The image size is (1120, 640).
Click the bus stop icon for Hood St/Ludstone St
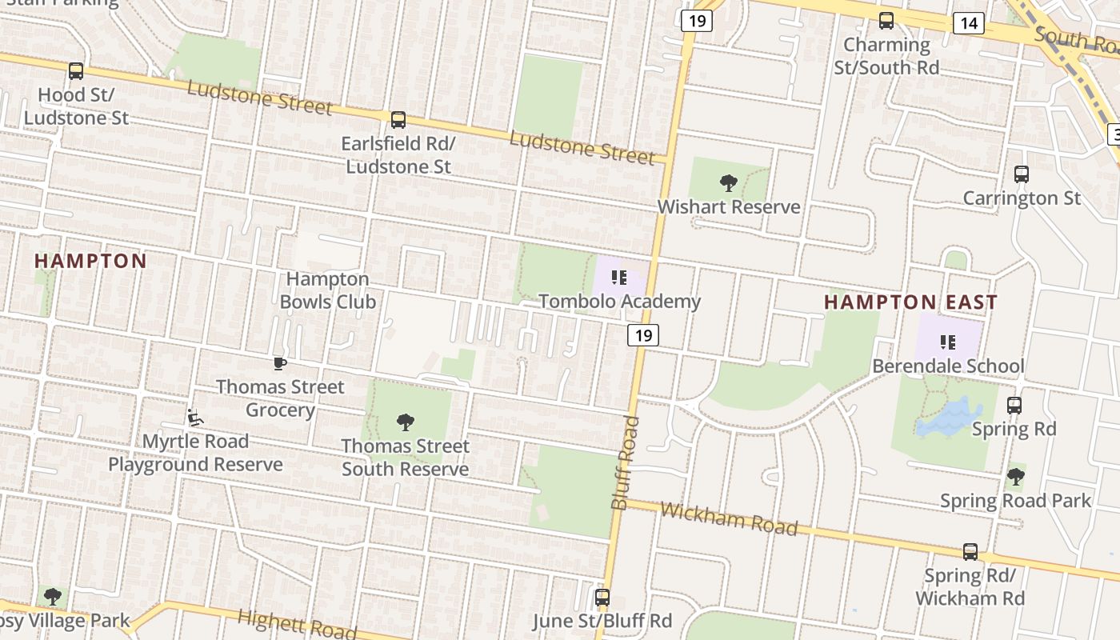[x=76, y=71]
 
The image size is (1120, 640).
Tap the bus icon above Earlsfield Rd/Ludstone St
[x=398, y=120]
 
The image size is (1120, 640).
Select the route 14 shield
[x=968, y=22]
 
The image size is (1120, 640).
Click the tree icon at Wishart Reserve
[x=728, y=183]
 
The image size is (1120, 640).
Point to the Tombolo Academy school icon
[x=618, y=278]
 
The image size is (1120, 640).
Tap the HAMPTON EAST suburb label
[x=910, y=302]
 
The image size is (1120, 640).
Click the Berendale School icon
[x=948, y=342]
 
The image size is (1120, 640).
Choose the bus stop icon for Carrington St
[x=1021, y=174]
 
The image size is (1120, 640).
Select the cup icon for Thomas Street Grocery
[x=279, y=363]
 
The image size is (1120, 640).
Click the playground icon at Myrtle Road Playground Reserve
[x=194, y=418]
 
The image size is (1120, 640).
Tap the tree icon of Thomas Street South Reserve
[x=406, y=422]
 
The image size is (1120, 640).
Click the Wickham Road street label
[x=729, y=519]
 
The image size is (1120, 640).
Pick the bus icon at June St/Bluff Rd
[x=602, y=597]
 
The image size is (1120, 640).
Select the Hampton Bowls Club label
[x=328, y=290]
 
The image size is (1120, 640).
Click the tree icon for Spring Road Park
[x=1015, y=477]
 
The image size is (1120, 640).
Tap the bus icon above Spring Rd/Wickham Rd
[x=970, y=551]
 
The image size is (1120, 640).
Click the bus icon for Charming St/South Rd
[x=886, y=21]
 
